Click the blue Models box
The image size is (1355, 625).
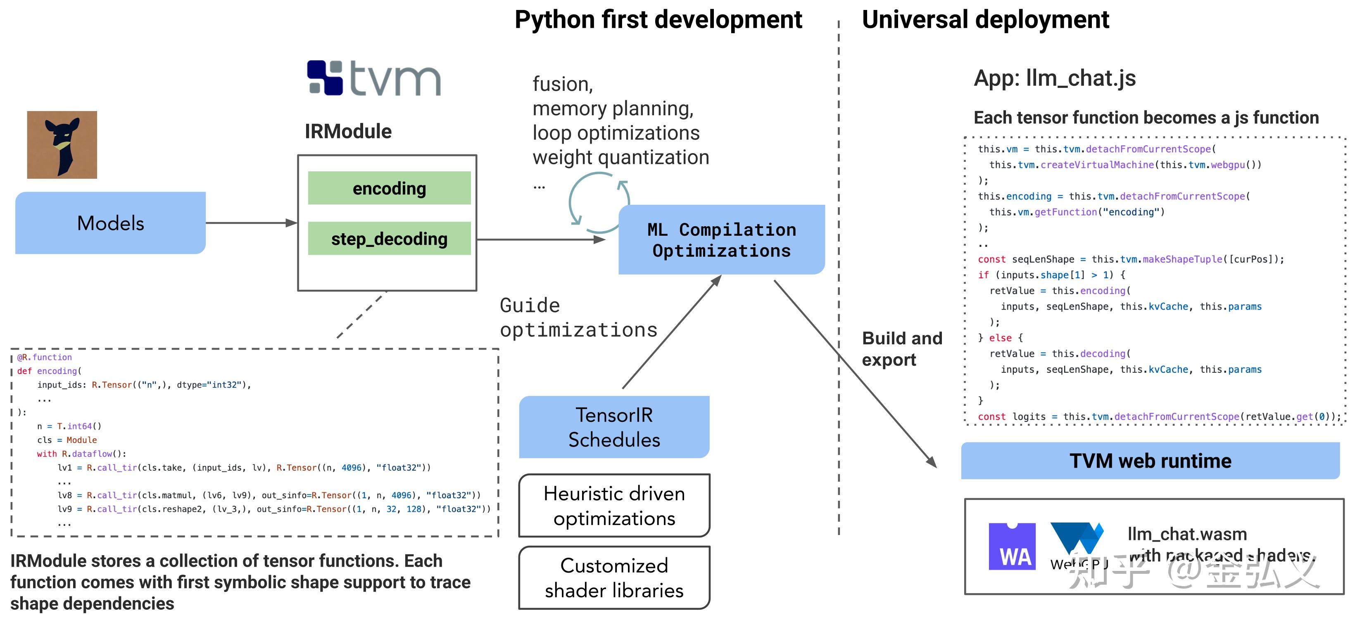[110, 223]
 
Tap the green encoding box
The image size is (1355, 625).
[389, 188]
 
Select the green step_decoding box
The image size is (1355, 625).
[389, 239]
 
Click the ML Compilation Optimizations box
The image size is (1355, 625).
[721, 240]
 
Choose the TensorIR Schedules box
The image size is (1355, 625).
[614, 427]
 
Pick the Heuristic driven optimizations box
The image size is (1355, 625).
[614, 506]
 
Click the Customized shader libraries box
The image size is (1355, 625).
[614, 578]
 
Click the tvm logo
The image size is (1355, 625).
[374, 78]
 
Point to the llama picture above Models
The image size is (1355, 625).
[62, 144]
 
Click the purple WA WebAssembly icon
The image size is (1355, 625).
[1012, 547]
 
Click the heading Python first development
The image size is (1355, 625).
[658, 20]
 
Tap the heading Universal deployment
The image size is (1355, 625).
[985, 20]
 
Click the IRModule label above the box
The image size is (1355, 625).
[348, 131]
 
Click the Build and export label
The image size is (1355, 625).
[901, 349]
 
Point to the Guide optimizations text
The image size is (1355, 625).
[578, 317]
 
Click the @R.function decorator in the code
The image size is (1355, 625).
[45, 357]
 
